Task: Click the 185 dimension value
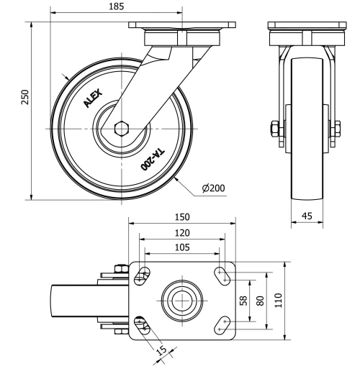pyautogui.click(x=115, y=6)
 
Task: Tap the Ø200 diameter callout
pyautogui.click(x=214, y=188)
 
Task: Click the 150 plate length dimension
pyautogui.click(x=181, y=216)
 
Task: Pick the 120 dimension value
pyautogui.click(x=181, y=232)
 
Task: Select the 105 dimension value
pyautogui.click(x=181, y=247)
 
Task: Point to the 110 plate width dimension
pyautogui.click(x=279, y=299)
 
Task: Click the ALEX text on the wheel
pyautogui.click(x=94, y=97)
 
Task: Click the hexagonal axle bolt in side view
pyautogui.click(x=122, y=129)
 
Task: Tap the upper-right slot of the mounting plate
pyautogui.click(x=222, y=274)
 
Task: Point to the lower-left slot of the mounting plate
pyautogui.click(x=143, y=324)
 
